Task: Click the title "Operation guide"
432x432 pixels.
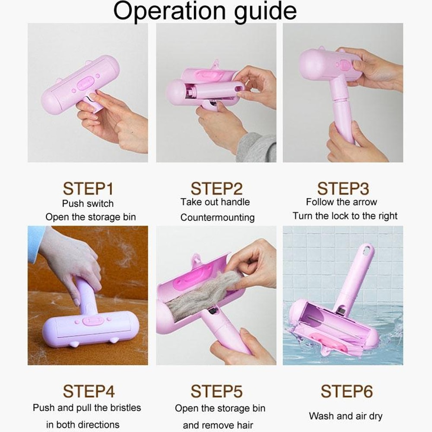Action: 205,12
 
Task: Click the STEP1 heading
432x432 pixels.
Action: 89,189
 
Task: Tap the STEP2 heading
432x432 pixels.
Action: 216,189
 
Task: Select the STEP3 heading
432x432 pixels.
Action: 343,189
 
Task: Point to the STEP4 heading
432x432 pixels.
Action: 89,391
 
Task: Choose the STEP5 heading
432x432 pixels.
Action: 216,391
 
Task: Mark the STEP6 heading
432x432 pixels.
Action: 346,391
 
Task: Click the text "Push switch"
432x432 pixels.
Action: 88,203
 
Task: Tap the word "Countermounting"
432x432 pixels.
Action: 217,217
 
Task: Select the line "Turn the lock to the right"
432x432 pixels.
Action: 345,216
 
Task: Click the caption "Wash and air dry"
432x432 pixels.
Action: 346,416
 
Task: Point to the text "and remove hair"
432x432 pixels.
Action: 218,425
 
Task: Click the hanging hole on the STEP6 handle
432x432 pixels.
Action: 368,250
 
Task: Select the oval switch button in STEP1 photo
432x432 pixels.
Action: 85,82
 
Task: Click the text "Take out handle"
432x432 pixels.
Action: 215,202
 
